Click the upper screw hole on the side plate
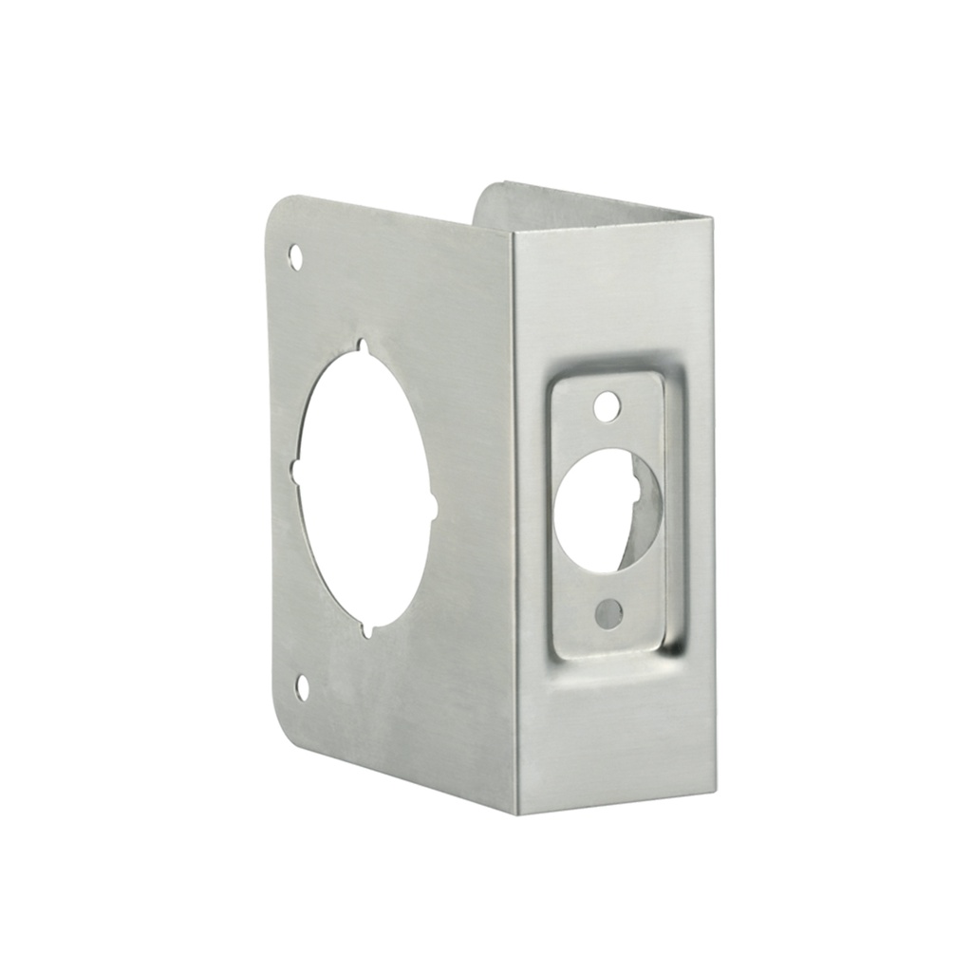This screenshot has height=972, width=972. [295, 256]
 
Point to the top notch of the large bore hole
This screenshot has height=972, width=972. [361, 347]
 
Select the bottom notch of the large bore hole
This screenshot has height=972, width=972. [369, 628]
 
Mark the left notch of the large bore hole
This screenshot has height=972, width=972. [295, 471]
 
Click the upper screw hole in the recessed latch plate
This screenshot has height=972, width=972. [605, 407]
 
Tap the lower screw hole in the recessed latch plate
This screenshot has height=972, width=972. [607, 614]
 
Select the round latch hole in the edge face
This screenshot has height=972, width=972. [595, 511]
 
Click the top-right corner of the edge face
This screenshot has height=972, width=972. [711, 218]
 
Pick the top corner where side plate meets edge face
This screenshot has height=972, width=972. [512, 232]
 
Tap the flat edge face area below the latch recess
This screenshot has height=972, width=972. [612, 731]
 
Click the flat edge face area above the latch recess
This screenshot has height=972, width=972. [612, 294]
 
